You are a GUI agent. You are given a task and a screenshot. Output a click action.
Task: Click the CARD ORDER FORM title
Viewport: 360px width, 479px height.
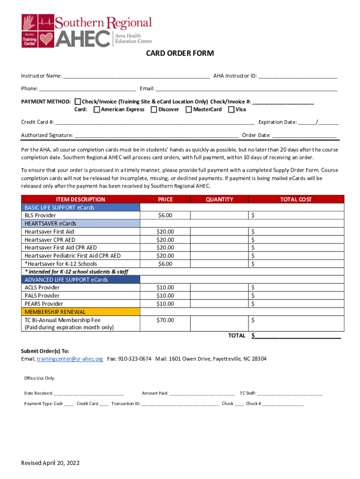pos(180,53)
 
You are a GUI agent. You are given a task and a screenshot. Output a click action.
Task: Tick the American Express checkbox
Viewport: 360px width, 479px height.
pos(96,109)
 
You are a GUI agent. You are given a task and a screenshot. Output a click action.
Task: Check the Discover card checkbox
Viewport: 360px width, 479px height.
pos(154,109)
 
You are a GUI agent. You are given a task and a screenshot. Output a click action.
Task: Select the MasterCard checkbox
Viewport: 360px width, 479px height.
pos(189,109)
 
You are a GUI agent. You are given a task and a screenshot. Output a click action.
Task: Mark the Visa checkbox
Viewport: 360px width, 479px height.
pos(231,109)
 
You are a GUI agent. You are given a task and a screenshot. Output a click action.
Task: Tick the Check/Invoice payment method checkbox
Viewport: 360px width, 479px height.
pos(78,102)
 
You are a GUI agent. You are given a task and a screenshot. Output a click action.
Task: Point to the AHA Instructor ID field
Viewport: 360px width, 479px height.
pos(297,76)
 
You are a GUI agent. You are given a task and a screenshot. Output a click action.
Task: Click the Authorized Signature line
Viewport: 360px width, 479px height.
pos(156,135)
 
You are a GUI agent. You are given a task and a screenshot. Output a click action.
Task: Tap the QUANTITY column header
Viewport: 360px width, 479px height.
pos(219,199)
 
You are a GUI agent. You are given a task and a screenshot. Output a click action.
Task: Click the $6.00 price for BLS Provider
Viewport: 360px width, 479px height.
pos(165,216)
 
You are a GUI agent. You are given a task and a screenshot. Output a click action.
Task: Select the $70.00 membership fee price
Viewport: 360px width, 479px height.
pos(165,320)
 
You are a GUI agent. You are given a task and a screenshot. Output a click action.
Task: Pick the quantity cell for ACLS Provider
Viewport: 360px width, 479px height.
pos(219,288)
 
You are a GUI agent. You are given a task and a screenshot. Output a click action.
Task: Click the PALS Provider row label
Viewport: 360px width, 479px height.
pos(42,296)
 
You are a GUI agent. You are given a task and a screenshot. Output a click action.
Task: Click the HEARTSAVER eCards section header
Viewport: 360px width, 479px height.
pos(50,224)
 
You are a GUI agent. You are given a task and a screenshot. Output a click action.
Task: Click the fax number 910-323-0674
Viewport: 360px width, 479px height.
pos(135,359)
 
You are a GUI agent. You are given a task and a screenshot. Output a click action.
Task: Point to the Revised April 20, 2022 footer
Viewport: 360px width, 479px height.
pos(50,463)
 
